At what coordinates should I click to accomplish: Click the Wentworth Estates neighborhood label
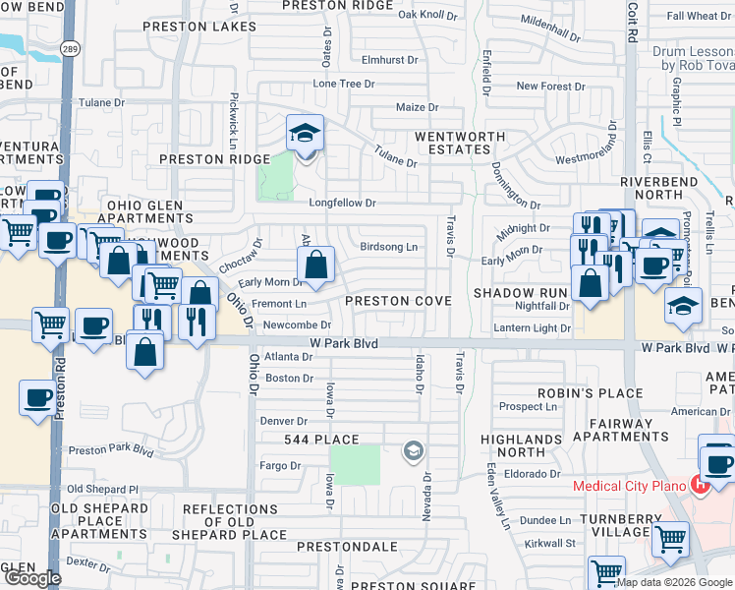(x=451, y=143)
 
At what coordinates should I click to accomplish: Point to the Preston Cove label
(x=398, y=301)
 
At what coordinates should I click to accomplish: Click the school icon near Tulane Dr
(x=305, y=134)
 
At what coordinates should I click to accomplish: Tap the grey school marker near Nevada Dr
(x=414, y=452)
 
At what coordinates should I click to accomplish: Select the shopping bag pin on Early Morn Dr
(x=315, y=265)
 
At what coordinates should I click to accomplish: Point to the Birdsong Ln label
(x=388, y=247)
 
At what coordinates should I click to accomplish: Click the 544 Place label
(x=321, y=439)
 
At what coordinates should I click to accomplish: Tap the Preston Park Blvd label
(x=111, y=451)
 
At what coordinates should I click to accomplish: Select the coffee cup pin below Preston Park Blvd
(x=38, y=399)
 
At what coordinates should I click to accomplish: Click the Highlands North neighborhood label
(x=514, y=445)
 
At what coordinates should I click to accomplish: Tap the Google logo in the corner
(x=32, y=578)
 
